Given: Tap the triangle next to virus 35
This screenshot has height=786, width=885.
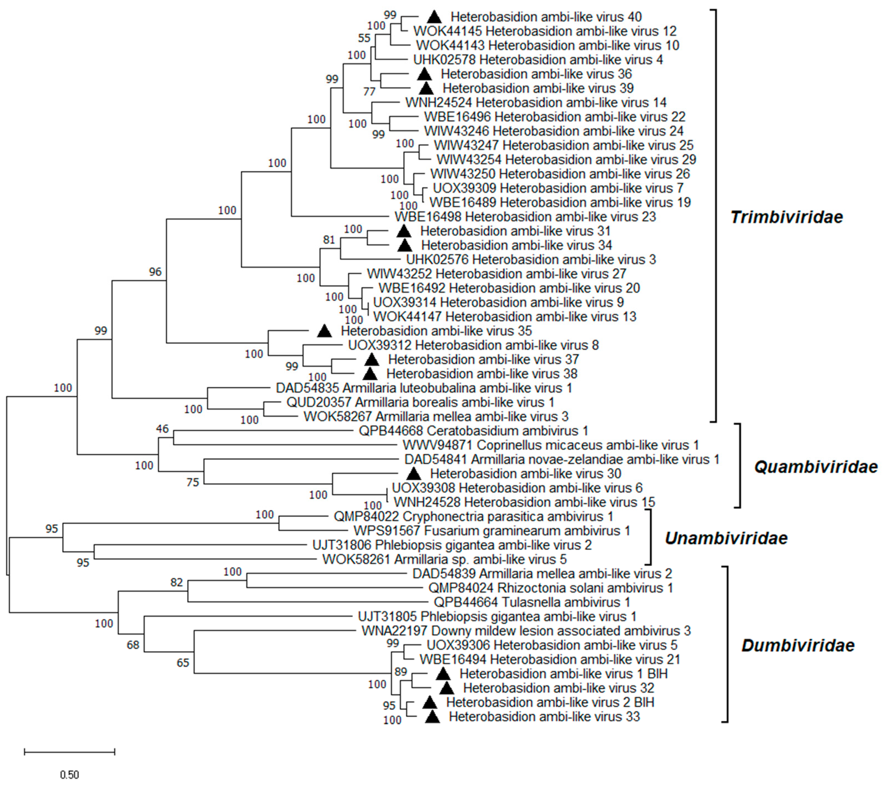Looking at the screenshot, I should click(324, 331).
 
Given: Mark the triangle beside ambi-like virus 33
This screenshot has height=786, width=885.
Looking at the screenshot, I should click(432, 717).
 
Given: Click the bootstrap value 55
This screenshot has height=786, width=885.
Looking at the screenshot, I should click(364, 38).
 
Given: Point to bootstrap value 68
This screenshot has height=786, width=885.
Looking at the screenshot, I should click(133, 645).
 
